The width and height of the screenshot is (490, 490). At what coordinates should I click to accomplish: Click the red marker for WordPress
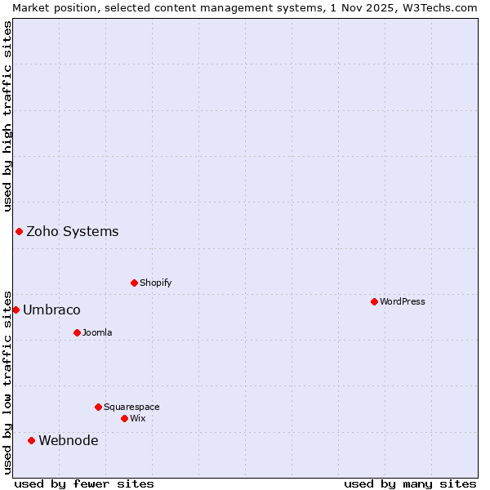(374, 301)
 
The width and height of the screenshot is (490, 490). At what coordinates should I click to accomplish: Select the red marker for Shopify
(134, 283)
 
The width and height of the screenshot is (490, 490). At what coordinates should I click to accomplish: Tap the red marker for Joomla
(77, 332)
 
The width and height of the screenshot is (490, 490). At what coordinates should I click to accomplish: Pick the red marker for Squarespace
(98, 407)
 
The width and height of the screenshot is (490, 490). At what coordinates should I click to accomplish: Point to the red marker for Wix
(124, 418)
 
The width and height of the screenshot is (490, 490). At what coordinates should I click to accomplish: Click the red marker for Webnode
(31, 440)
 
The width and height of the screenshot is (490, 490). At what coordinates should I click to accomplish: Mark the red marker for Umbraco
(16, 310)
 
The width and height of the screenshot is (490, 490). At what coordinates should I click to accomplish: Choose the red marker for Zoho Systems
(19, 231)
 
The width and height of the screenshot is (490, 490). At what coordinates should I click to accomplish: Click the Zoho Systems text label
(73, 231)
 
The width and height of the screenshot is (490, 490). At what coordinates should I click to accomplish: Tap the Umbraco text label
(51, 310)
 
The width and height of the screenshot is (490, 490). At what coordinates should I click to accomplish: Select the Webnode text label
(69, 440)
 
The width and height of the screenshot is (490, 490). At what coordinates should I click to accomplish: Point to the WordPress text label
(403, 301)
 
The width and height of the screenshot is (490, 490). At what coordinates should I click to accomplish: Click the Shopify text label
(155, 283)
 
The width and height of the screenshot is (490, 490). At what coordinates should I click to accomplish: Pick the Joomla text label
(97, 332)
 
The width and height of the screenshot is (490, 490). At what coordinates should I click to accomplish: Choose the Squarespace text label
(131, 407)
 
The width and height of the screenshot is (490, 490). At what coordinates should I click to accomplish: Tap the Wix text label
(137, 418)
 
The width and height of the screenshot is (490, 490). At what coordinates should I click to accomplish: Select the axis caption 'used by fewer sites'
(84, 483)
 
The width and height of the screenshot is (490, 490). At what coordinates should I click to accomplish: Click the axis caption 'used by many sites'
(410, 483)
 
